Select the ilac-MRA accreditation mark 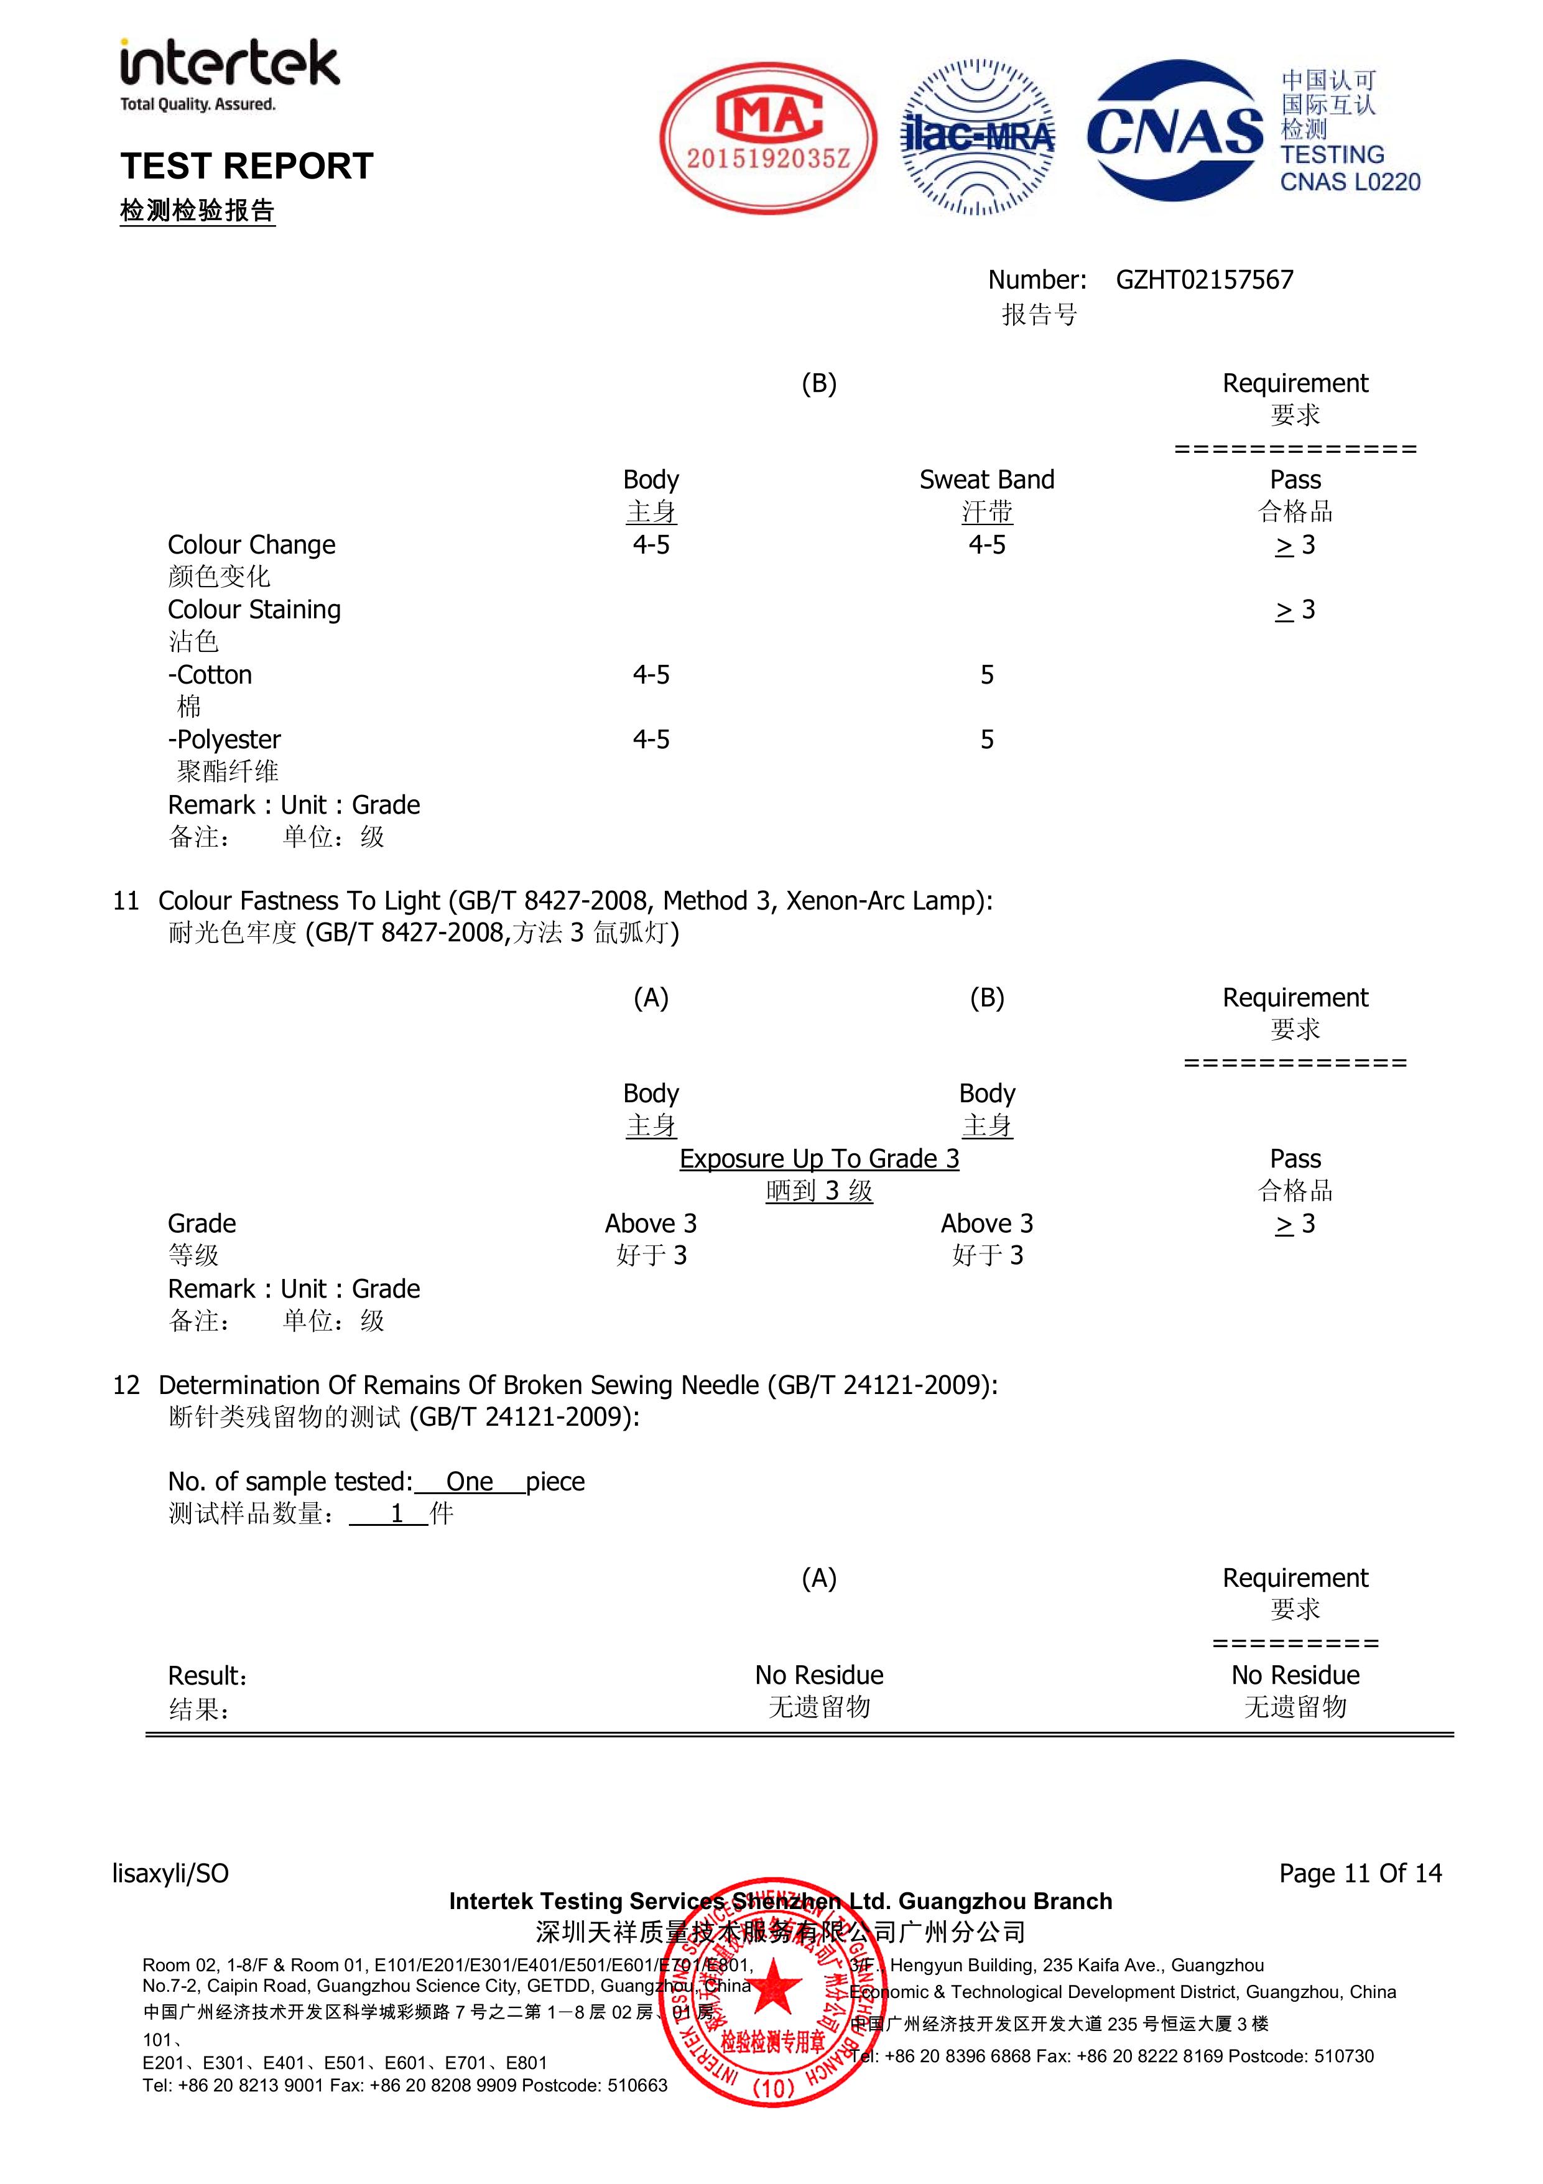(977, 138)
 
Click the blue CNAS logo (1176, 131)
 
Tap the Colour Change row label (251, 545)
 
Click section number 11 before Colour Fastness (126, 901)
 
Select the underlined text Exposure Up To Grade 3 (819, 1159)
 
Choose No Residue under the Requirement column (1295, 1675)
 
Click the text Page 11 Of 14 (1360, 1873)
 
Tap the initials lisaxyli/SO (170, 1873)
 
